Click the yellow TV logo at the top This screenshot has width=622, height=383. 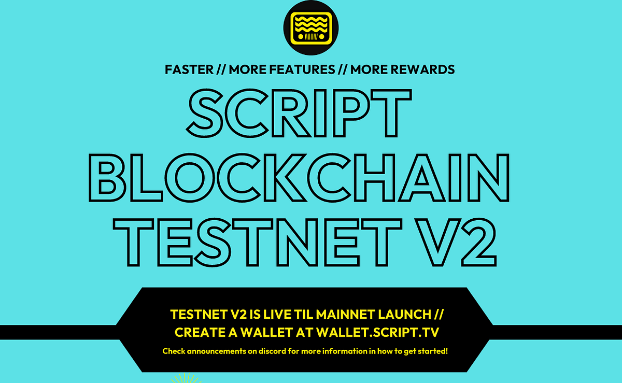point(310,27)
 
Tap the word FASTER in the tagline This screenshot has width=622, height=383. point(189,69)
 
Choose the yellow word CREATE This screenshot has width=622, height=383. point(200,332)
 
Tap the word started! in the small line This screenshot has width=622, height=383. point(434,351)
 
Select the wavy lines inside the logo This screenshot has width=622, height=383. point(310,23)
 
